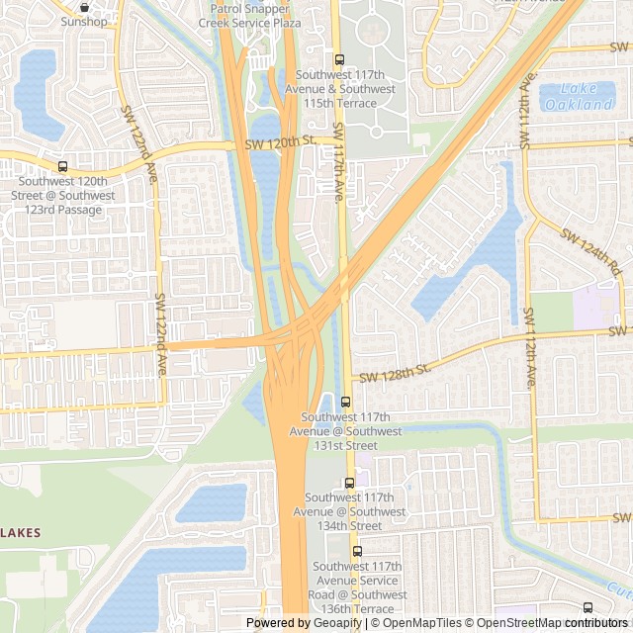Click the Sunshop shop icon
[x=84, y=5]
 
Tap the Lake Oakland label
[x=578, y=97]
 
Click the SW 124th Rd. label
[x=591, y=251]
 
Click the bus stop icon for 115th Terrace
[x=340, y=59]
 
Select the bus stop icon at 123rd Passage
[x=63, y=166]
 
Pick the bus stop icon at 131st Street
[x=345, y=402]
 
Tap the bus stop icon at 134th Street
[x=349, y=483]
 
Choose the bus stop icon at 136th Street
[x=357, y=551]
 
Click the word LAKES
[x=20, y=533]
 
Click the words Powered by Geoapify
[x=304, y=623]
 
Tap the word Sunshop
[x=83, y=21]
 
